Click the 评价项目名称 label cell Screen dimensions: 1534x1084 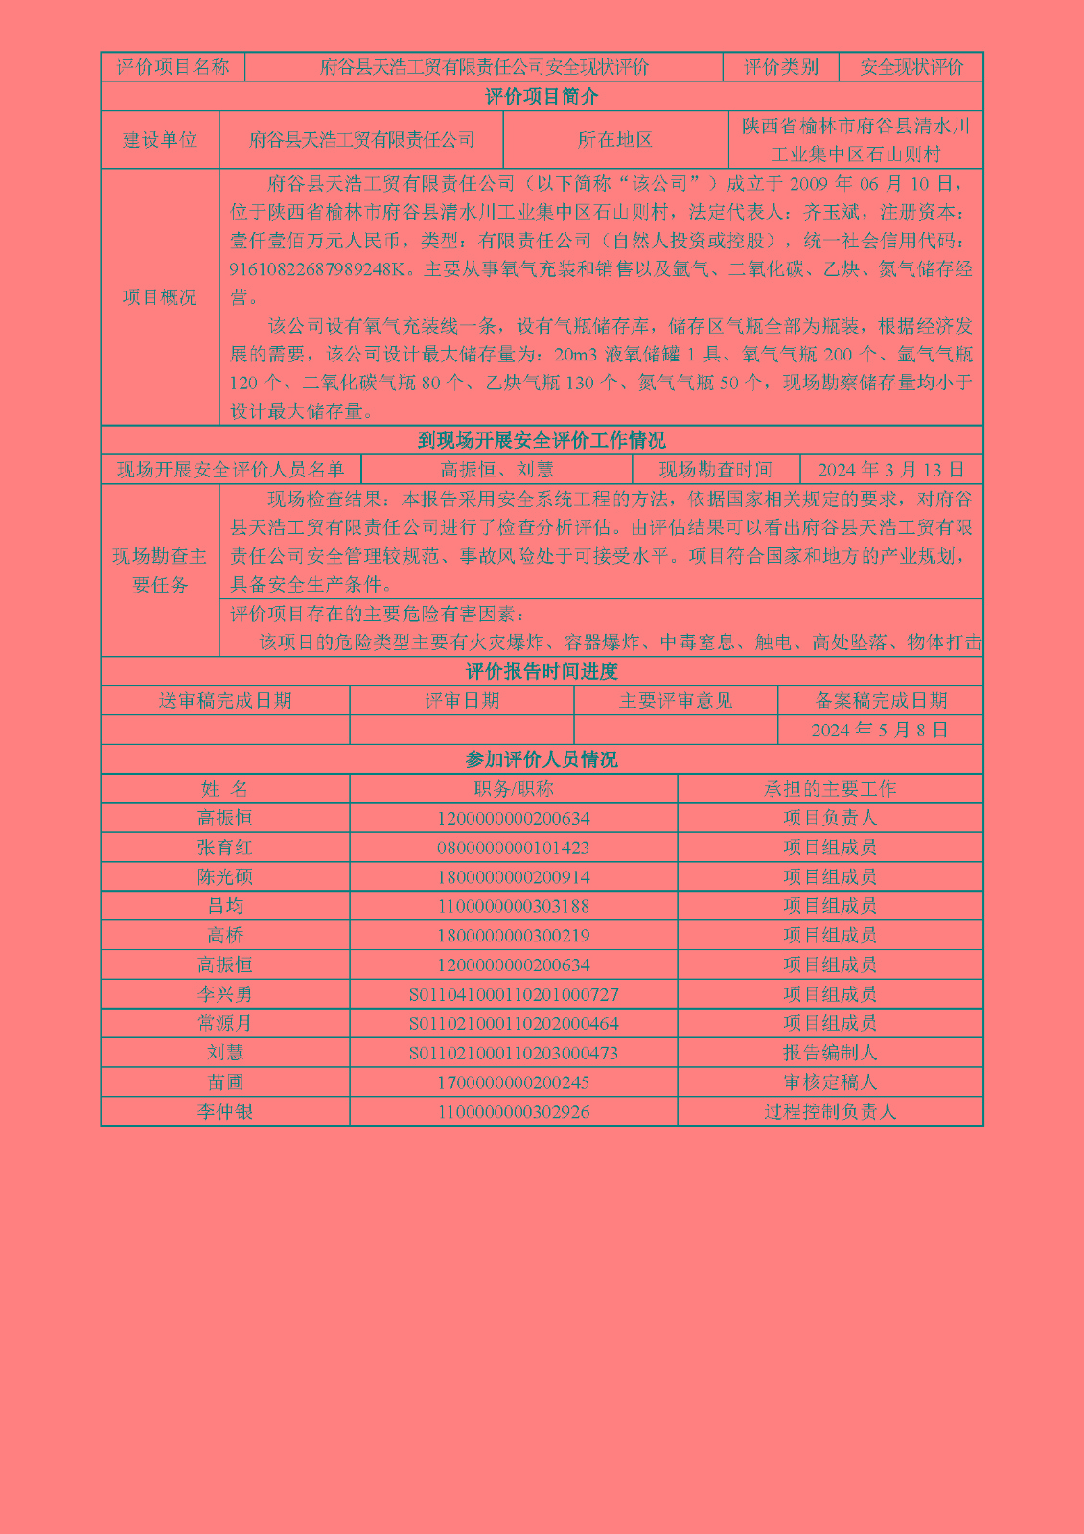coord(173,67)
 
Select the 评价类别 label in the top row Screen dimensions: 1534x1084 coord(781,67)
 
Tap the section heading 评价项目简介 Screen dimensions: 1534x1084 coord(542,97)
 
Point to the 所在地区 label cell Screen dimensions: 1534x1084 coord(615,140)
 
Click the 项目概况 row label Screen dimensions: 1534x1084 coord(160,297)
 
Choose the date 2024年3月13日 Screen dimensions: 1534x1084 coord(890,470)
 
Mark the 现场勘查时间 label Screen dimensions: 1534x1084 coord(715,470)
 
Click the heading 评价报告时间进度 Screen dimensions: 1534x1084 coord(542,671)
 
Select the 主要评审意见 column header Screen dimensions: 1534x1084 coord(676,701)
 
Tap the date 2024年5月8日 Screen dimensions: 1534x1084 coord(880,731)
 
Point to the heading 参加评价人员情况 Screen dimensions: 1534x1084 coord(542,760)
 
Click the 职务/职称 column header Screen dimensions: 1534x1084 coord(514,789)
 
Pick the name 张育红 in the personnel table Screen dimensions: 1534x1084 coord(225,848)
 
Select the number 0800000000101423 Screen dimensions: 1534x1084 coord(514,848)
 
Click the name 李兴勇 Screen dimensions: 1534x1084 coord(225,994)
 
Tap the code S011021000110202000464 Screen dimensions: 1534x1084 coord(514,1024)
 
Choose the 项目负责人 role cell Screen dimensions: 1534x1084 coord(830,818)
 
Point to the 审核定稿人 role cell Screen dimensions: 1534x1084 coord(830,1082)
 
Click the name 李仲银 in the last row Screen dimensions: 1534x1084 coord(225,1112)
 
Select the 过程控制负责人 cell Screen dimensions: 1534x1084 coord(830,1112)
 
